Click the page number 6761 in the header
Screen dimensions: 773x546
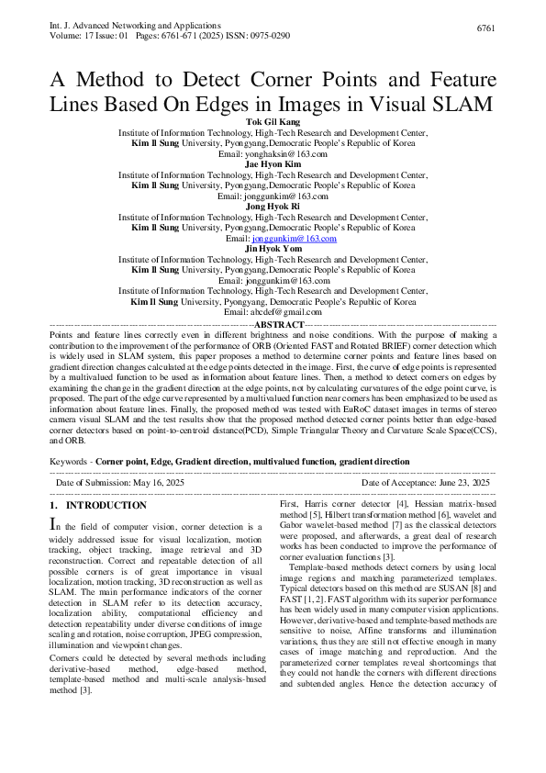(x=486, y=29)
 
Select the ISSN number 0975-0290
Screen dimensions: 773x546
(x=269, y=35)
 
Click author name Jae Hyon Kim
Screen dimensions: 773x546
(x=273, y=163)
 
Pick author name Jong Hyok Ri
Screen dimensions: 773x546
(x=273, y=206)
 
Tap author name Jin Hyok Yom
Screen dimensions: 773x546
(x=273, y=249)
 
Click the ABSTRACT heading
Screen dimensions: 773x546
(x=278, y=325)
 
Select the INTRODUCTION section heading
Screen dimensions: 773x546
(x=106, y=506)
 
